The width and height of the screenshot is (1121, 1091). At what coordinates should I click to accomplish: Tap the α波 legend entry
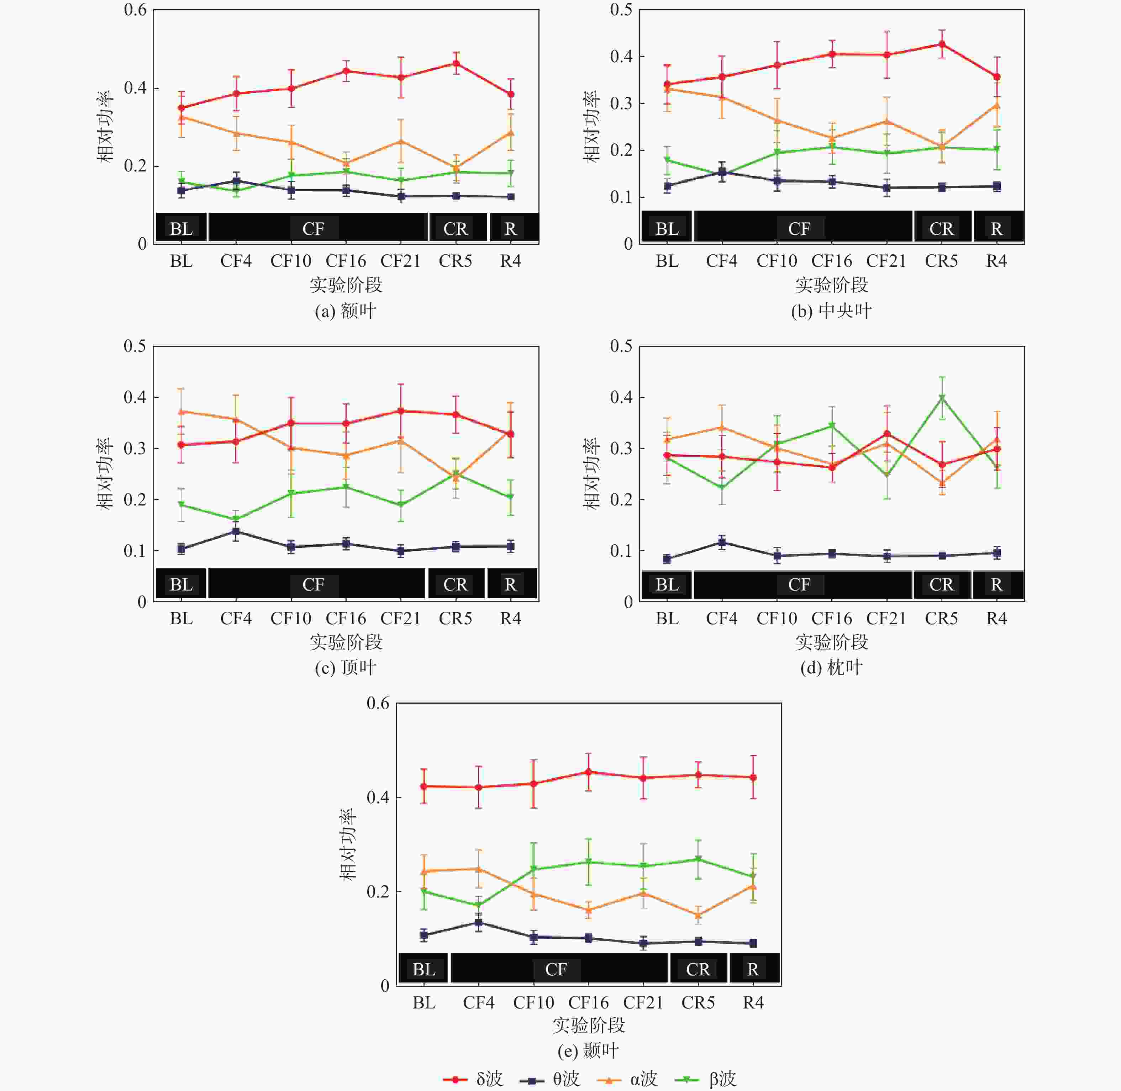[x=627, y=1079]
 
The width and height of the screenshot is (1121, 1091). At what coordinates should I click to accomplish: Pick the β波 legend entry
[x=705, y=1079]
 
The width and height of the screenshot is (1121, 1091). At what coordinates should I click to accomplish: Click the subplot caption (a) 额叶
[x=346, y=311]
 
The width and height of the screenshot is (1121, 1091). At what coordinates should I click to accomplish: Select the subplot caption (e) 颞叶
[x=589, y=1050]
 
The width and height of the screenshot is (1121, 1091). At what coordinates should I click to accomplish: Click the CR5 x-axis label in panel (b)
[x=941, y=261]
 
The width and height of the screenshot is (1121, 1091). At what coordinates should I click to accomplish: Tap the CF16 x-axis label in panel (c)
[x=346, y=618]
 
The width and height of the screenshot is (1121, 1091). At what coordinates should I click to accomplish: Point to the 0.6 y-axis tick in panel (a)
[x=135, y=10]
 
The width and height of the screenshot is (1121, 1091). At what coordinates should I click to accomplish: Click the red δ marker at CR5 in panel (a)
[x=456, y=63]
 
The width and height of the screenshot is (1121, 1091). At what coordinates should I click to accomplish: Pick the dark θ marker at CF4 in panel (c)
[x=236, y=531]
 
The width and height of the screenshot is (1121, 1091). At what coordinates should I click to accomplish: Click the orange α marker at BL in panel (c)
[x=181, y=412]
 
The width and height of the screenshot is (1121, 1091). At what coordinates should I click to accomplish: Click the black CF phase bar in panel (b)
[x=802, y=227]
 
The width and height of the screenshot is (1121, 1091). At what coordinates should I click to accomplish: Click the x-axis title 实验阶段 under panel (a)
[x=346, y=285]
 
